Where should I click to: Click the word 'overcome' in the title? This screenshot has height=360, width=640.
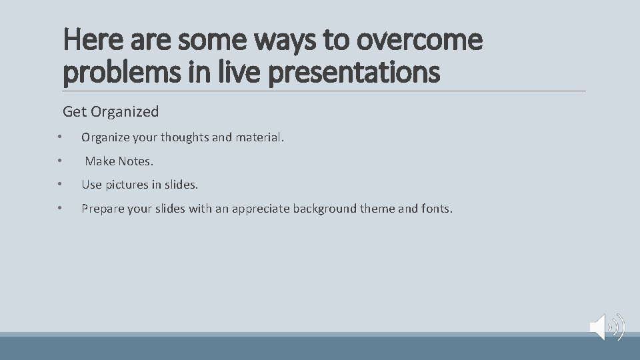point(419,40)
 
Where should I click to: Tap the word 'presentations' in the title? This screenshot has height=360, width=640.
point(354,72)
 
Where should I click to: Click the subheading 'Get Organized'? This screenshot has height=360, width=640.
point(111,111)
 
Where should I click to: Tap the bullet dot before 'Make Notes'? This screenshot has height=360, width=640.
point(59,161)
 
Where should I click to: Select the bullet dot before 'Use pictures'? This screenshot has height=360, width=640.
point(59,184)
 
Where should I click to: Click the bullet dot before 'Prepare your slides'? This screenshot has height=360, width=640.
point(59,209)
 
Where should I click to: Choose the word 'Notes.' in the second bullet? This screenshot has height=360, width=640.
point(136,161)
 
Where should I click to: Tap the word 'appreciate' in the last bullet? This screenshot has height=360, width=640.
point(261,209)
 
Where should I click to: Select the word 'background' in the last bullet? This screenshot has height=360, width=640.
point(325,209)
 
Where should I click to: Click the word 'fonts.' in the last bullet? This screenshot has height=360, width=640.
point(437,209)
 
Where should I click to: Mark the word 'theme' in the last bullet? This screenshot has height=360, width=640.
point(377,209)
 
